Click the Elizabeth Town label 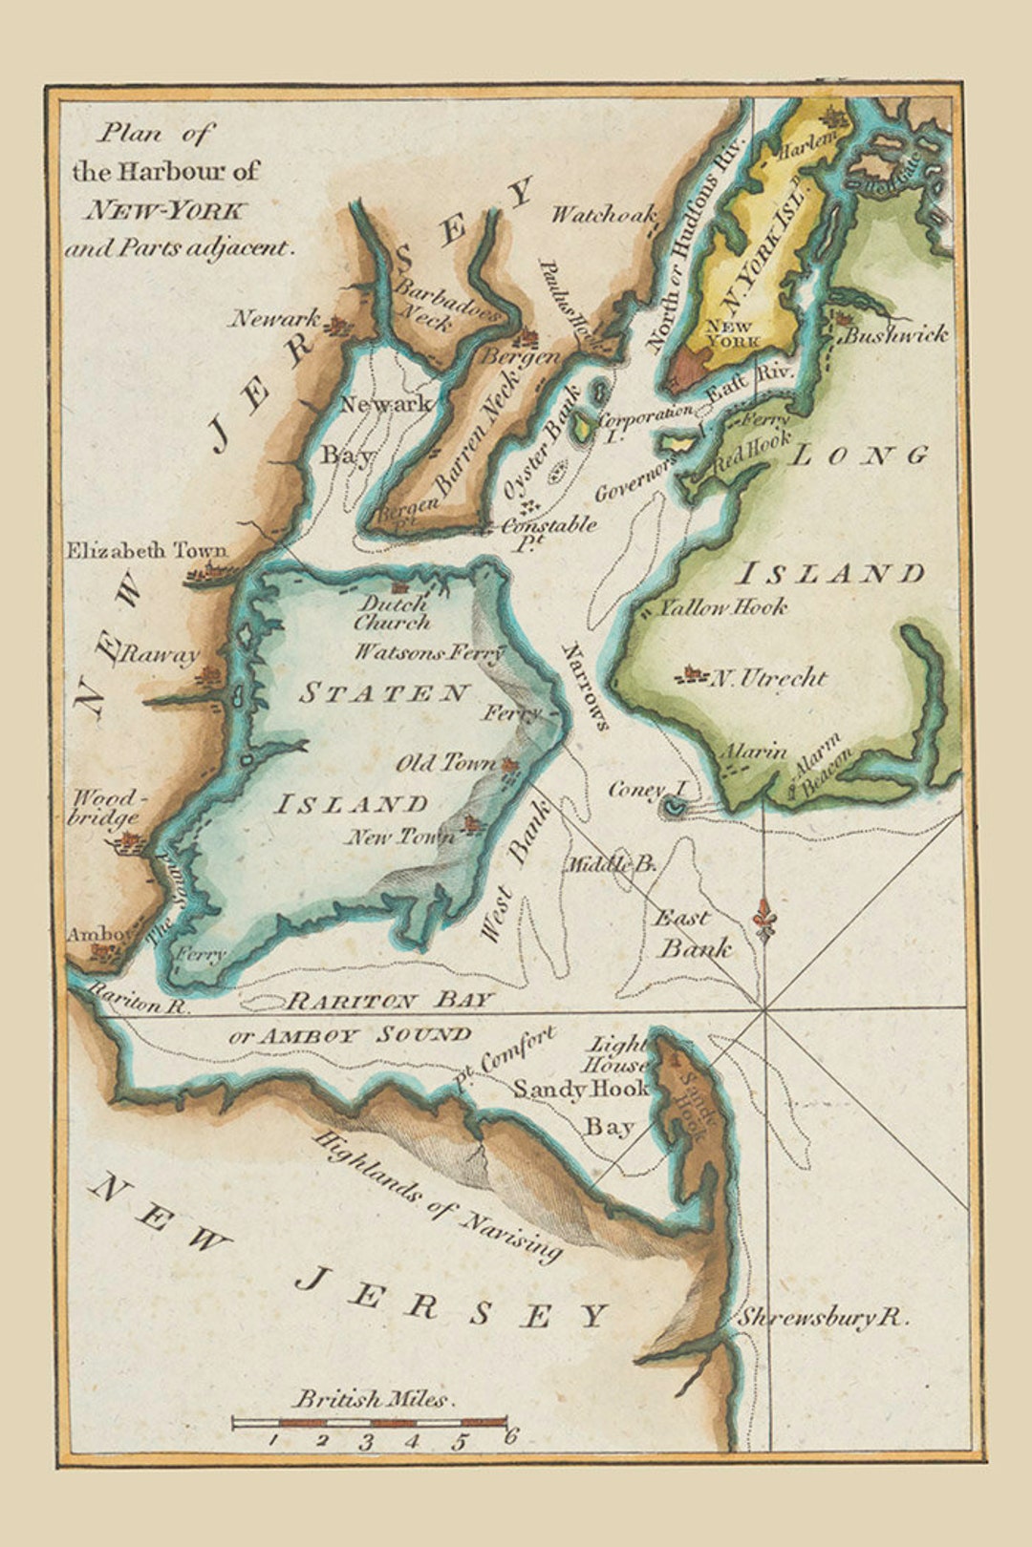pos(146,551)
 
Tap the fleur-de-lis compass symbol pos(763,920)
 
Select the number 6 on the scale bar pos(511,1435)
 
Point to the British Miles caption pos(371,1400)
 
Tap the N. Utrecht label pos(767,678)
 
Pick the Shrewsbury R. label pos(821,1319)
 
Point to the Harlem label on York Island pos(809,144)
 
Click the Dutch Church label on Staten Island pos(393,613)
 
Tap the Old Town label pos(446,764)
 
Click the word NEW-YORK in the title pos(165,211)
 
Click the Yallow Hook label pos(723,606)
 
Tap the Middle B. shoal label pos(611,865)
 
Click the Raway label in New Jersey pos(158,655)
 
